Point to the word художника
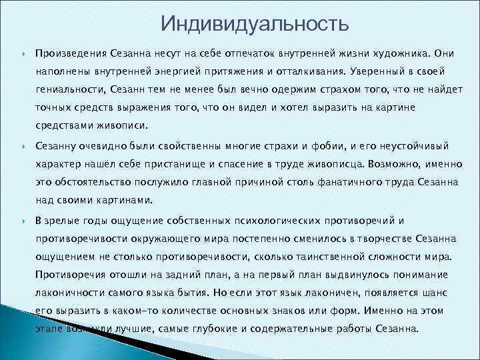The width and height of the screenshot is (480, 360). tap(399, 52)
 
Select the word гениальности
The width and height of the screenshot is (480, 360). tap(67, 89)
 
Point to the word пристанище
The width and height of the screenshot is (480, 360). tap(169, 162)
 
